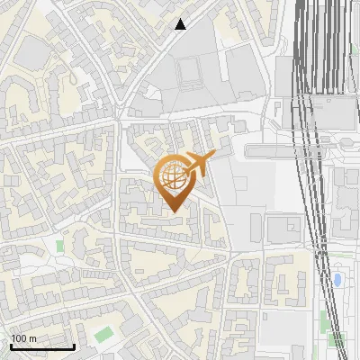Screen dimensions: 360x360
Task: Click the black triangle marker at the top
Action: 182,24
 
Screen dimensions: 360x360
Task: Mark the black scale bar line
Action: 42,346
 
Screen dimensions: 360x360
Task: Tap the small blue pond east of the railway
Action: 337,280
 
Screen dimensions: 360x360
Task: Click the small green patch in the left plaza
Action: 60,245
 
